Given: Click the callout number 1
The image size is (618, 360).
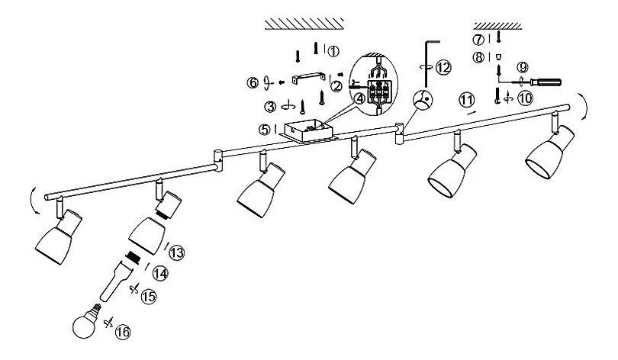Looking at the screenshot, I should [x=333, y=51].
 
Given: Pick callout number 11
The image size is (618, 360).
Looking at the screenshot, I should [x=466, y=98].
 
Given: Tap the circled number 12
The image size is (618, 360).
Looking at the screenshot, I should [x=443, y=67].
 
